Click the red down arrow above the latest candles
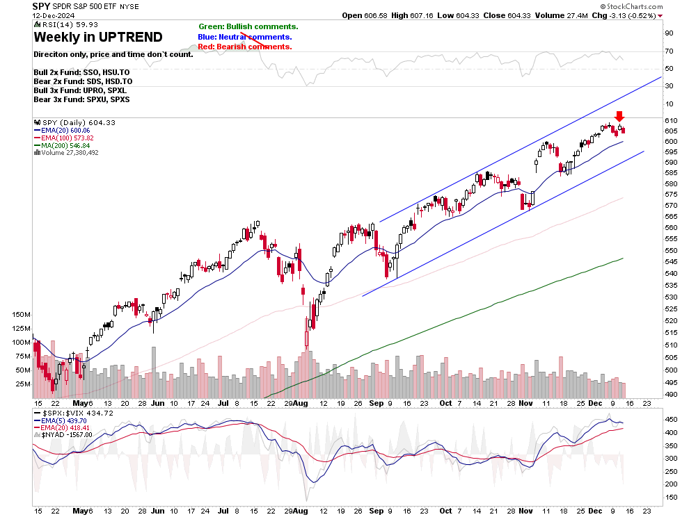(619, 117)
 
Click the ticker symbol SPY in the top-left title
(41, 6)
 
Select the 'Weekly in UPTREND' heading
(98, 38)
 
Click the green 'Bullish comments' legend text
(248, 26)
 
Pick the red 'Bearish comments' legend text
(245, 47)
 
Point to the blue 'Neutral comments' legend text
(245, 37)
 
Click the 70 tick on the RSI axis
(669, 51)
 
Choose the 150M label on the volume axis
(20, 315)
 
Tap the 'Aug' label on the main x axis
(300, 403)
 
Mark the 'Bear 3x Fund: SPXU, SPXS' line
(81, 99)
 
